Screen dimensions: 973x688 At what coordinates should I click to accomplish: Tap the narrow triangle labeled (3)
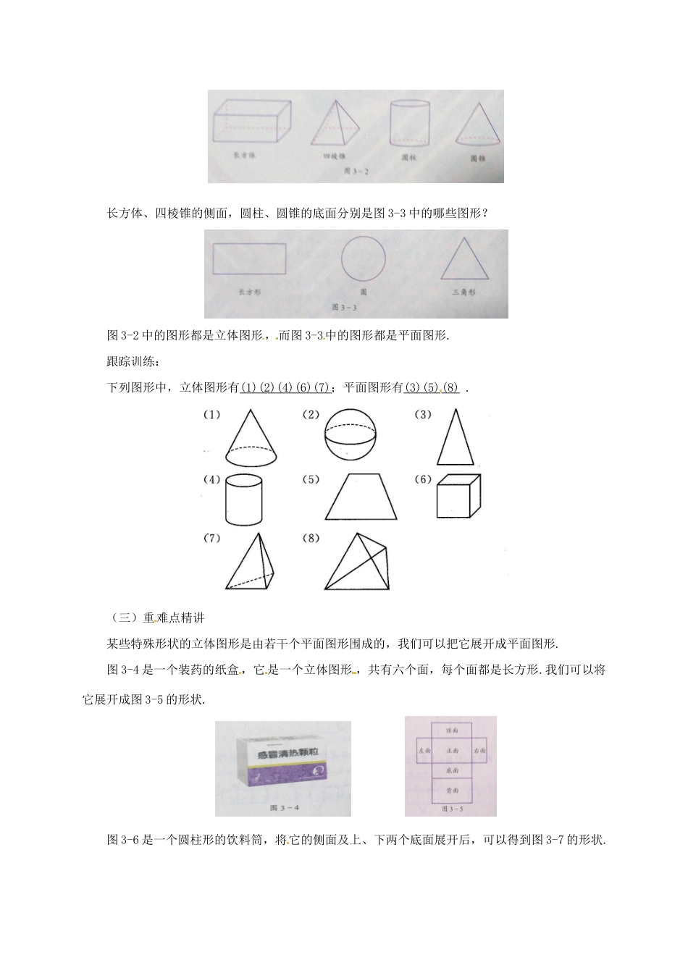tap(456, 439)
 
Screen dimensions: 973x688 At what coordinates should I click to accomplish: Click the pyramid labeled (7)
tap(252, 565)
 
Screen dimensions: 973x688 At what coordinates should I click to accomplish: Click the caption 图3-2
tap(356, 172)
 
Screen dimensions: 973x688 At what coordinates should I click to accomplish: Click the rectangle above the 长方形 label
tap(250, 259)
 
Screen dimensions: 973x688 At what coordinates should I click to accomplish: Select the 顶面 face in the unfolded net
tap(452, 731)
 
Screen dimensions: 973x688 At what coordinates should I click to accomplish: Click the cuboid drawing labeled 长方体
tap(252, 121)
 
